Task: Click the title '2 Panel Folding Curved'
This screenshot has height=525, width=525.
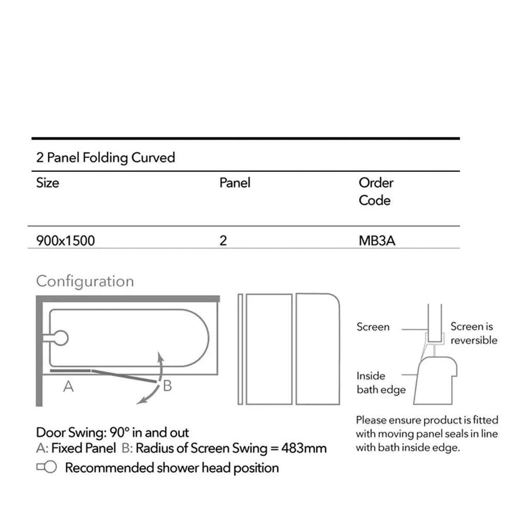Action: [x=106, y=158]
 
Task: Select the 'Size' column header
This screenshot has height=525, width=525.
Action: [x=48, y=183]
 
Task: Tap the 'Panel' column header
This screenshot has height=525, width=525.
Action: [x=235, y=183]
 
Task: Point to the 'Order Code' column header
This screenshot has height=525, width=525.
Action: [x=376, y=192]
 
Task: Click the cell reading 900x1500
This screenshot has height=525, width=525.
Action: [x=66, y=241]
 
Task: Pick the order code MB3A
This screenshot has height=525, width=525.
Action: [x=377, y=241]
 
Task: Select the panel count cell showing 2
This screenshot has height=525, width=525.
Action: [x=224, y=241]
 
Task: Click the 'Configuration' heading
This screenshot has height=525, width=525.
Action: [x=85, y=281]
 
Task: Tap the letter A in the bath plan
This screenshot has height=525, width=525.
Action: [x=68, y=387]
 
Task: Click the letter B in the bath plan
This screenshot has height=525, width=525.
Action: [x=168, y=386]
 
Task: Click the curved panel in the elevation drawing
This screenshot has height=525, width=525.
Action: [x=318, y=349]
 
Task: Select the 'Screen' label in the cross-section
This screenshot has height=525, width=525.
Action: [x=373, y=327]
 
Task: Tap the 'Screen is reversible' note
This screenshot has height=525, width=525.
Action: [x=474, y=333]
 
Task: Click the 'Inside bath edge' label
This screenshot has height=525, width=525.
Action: [x=381, y=382]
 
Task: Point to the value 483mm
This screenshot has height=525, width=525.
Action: [x=304, y=448]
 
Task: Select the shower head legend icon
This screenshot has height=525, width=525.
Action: [x=47, y=467]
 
